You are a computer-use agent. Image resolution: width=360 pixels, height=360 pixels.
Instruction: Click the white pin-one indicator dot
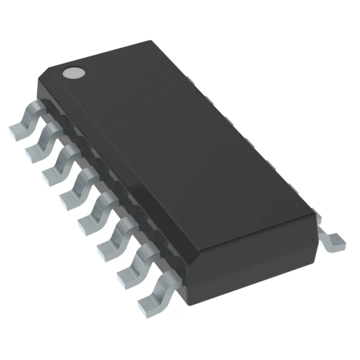point(73,72)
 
